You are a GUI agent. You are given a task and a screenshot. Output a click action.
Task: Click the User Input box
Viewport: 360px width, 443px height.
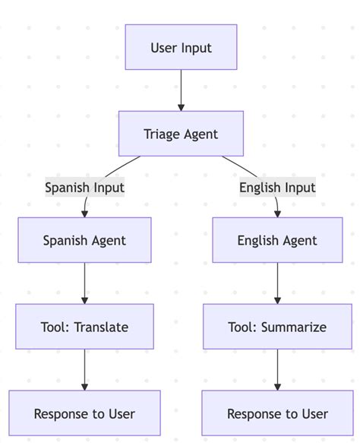pyautogui.click(x=181, y=47)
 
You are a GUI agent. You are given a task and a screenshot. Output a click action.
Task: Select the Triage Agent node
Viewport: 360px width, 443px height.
pyautogui.click(x=181, y=134)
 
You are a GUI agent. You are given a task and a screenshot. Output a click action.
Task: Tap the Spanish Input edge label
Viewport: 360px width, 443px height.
pyautogui.click(x=84, y=187)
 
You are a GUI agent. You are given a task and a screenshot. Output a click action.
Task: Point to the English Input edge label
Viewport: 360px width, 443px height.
pyautogui.click(x=277, y=187)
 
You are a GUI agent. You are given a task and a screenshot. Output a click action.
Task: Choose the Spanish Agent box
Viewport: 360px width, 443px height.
pyautogui.click(x=84, y=240)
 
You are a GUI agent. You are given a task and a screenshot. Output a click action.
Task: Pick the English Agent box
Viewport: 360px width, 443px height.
pyautogui.click(x=277, y=240)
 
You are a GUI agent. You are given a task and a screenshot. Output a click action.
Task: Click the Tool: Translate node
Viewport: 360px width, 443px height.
pyautogui.click(x=84, y=327)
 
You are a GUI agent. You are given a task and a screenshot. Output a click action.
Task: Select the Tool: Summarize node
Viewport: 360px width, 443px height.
pyautogui.click(x=277, y=327)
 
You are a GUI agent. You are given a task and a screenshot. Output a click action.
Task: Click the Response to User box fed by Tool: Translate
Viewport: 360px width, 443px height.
pyautogui.click(x=84, y=413)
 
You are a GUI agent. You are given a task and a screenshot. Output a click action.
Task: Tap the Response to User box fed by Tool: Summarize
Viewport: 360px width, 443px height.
pyautogui.click(x=277, y=413)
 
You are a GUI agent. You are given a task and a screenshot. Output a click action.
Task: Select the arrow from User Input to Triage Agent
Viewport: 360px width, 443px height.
pyautogui.click(x=181, y=90)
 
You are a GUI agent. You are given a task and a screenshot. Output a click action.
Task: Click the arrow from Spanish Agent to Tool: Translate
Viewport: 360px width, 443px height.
pyautogui.click(x=84, y=283)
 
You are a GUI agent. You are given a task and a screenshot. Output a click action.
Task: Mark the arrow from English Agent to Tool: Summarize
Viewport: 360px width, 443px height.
pyautogui.click(x=277, y=283)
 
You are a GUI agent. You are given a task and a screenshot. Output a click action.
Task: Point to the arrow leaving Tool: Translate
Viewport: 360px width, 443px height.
pyautogui.click(x=84, y=369)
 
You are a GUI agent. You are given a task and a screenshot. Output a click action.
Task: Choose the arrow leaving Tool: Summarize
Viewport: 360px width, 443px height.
pyautogui.click(x=277, y=369)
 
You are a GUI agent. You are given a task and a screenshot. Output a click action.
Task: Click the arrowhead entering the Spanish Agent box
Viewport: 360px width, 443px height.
pyautogui.click(x=84, y=213)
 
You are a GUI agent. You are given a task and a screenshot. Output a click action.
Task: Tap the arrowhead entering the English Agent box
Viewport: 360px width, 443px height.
pyautogui.click(x=277, y=213)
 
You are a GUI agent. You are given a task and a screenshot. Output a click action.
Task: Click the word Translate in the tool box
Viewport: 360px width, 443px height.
pyautogui.click(x=101, y=327)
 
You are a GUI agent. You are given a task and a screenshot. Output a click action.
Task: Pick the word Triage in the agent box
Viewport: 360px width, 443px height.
pyautogui.click(x=161, y=134)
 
